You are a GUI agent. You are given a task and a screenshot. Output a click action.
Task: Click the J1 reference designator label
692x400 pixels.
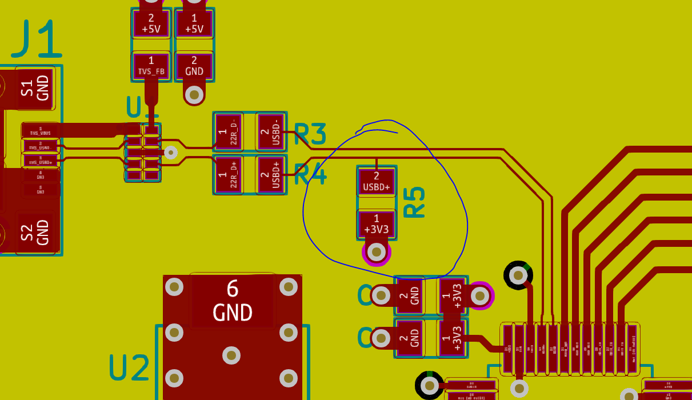click(37, 39)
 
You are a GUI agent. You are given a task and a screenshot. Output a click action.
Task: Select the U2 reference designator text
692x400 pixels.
click(130, 367)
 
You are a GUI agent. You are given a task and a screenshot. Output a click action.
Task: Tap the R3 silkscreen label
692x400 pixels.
click(310, 134)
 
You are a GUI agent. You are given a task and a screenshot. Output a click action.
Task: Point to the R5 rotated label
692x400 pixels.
click(414, 202)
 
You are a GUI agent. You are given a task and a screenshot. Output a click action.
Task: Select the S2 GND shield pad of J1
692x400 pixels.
click(35, 233)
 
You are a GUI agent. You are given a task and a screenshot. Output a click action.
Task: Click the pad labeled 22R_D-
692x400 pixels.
click(228, 132)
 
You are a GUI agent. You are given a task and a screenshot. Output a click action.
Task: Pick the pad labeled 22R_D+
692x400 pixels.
click(228, 175)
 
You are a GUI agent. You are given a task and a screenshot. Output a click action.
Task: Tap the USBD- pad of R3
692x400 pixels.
click(271, 132)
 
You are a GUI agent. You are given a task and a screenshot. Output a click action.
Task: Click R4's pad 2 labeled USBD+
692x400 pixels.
click(271, 175)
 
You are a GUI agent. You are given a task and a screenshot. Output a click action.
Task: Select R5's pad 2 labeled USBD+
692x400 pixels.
click(376, 182)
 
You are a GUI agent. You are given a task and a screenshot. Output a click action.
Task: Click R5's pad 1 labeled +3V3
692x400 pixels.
click(376, 225)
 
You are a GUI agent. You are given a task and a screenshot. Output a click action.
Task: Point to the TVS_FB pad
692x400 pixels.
click(151, 66)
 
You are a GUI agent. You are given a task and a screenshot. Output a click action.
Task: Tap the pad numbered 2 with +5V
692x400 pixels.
click(151, 23)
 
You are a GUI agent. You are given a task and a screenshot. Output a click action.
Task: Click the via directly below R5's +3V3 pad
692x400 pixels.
click(376, 251)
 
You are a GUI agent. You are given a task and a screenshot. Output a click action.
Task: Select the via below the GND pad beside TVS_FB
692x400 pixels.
click(194, 94)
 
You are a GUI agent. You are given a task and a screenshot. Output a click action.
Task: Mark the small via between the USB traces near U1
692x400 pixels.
click(170, 152)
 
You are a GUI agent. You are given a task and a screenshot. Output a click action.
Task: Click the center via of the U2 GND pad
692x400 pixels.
click(231, 355)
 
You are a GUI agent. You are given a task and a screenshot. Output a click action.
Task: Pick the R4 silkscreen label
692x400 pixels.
click(310, 175)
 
